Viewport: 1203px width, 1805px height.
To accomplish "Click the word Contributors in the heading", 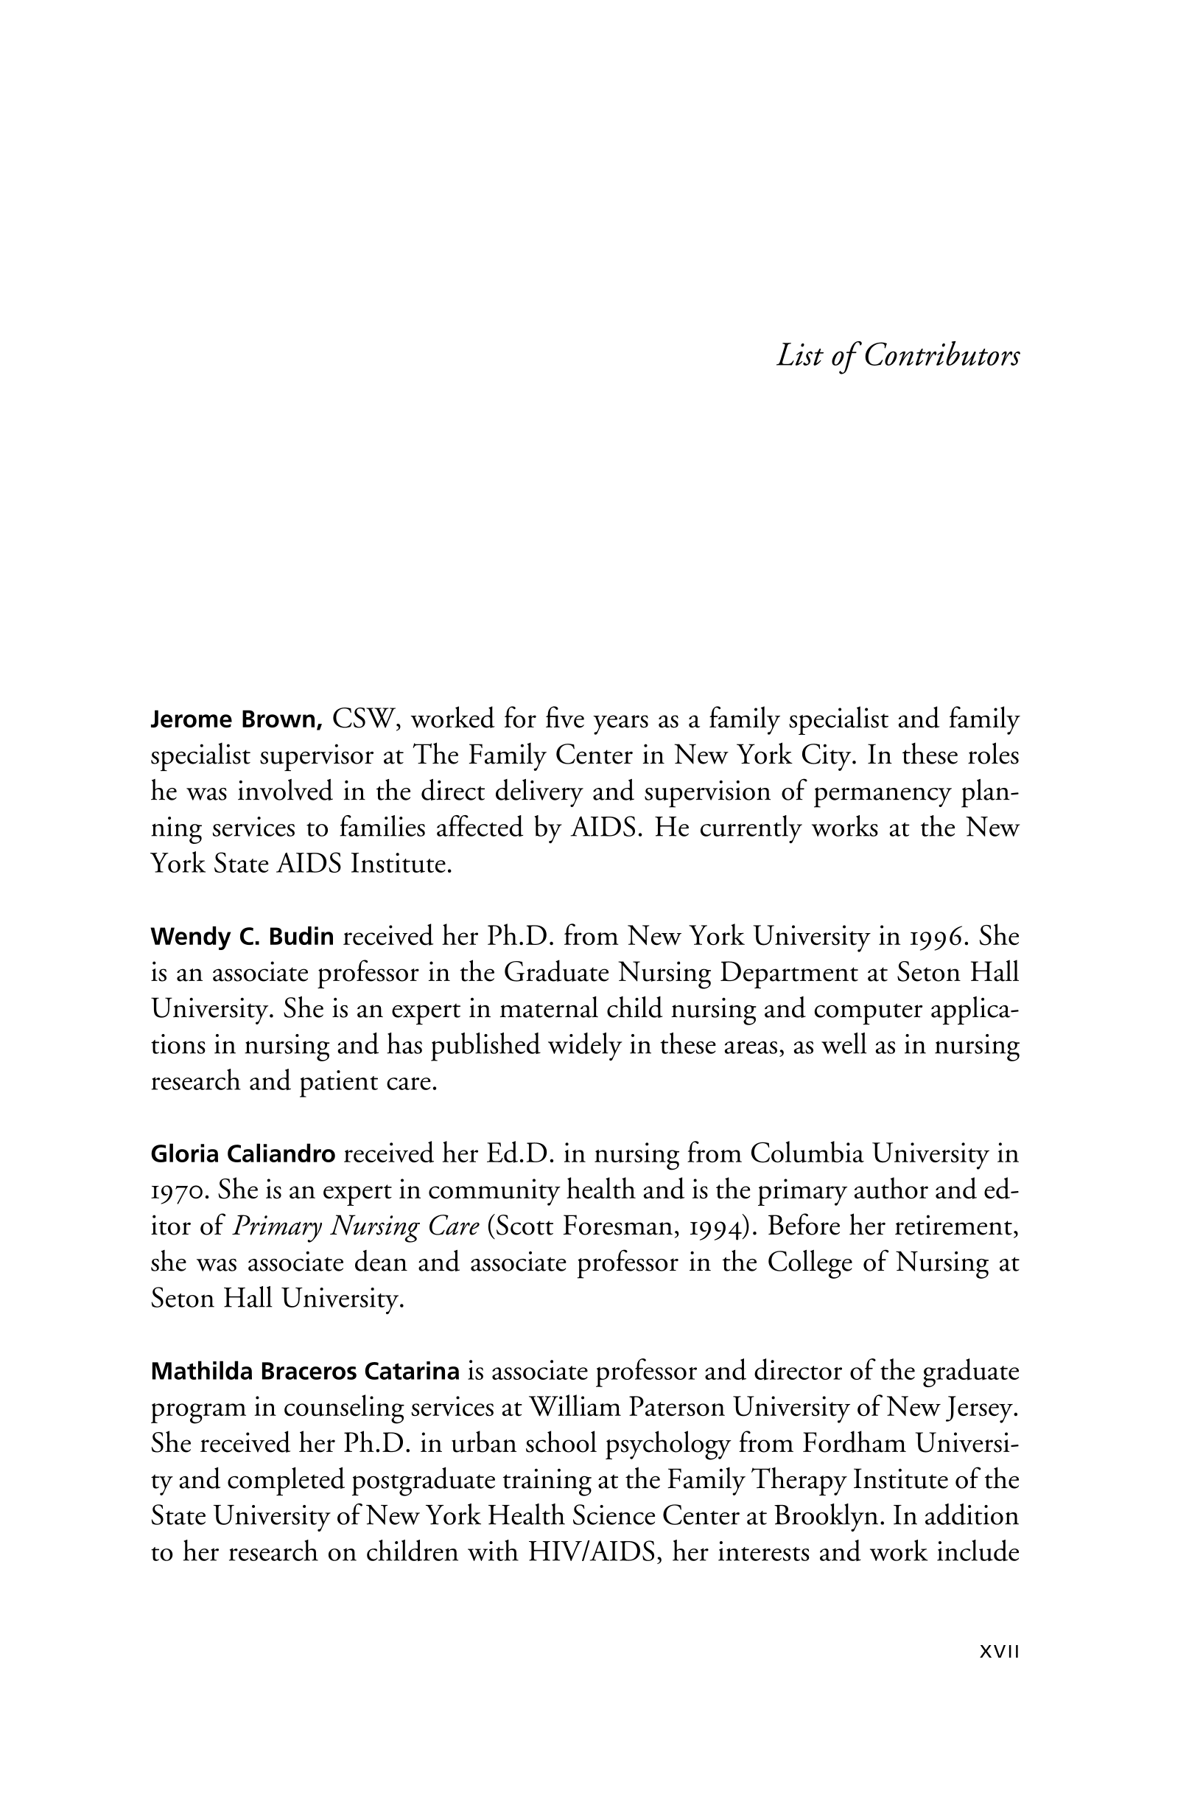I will point(941,356).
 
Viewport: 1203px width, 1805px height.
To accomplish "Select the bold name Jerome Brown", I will point(236,720).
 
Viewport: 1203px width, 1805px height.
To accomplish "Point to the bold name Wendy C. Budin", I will point(242,937).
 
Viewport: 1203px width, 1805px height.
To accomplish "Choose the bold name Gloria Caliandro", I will point(243,1154).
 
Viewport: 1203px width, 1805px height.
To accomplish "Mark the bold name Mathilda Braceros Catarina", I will point(305,1372).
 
